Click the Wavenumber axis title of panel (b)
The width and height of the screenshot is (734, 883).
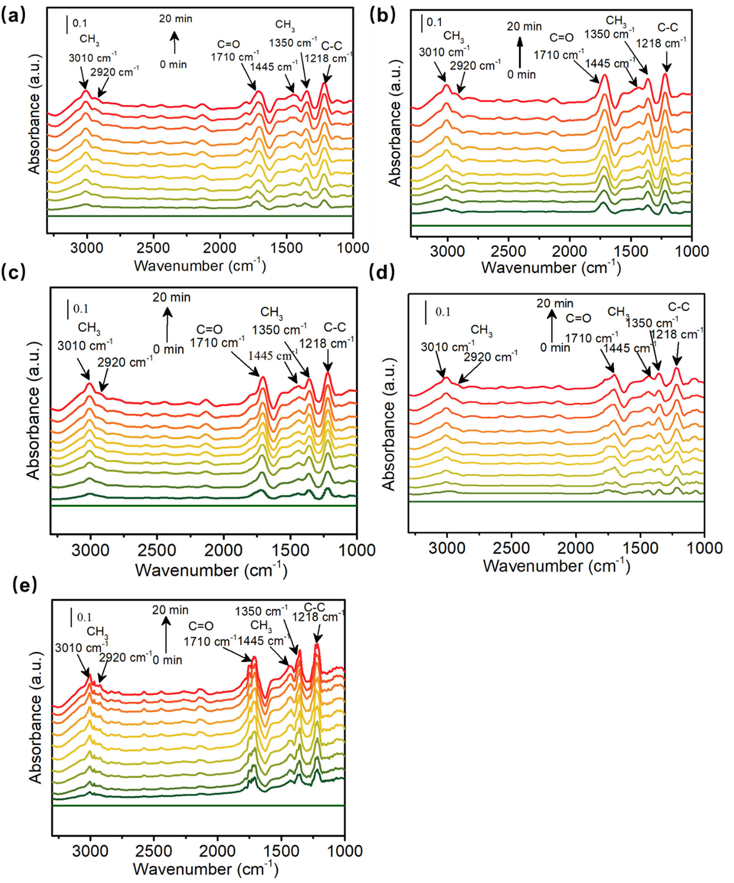551,268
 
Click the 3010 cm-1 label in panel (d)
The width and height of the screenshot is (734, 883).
448,347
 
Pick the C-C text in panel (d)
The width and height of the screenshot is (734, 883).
679,307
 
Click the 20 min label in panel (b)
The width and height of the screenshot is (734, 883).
524,26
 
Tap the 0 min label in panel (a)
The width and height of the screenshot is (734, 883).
173,65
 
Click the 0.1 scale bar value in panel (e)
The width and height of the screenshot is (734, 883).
84,617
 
